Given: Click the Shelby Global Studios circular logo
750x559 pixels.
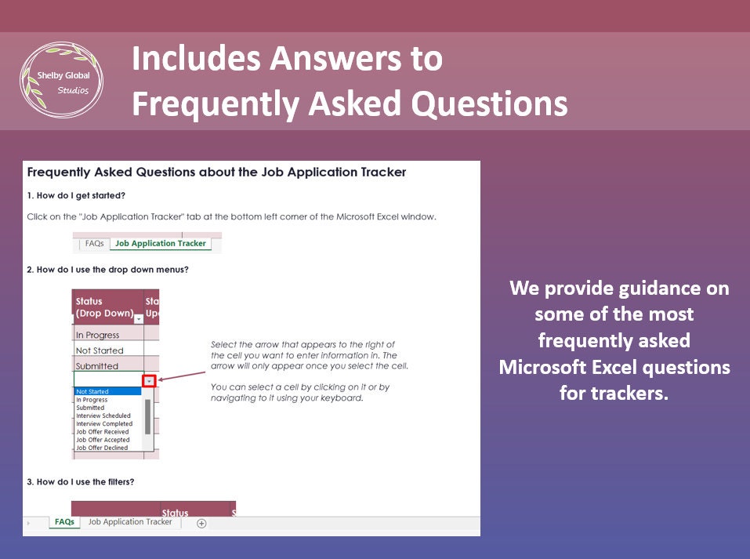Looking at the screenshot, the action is (61, 80).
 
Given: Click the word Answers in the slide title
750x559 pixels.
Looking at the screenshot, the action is (335, 58).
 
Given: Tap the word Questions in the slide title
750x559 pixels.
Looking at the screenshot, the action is (489, 103).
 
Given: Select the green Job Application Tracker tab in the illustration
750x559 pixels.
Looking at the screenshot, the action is (161, 243).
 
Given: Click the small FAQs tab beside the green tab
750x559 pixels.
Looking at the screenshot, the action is (94, 243).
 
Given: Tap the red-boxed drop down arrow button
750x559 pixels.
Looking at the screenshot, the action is (150, 380).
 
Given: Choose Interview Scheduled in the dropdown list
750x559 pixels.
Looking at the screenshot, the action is (103, 416).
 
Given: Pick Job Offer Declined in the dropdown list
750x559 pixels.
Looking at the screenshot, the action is (102, 448).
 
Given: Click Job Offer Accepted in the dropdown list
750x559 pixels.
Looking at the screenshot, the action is (103, 439).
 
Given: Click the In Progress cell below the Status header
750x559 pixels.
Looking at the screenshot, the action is (108, 334).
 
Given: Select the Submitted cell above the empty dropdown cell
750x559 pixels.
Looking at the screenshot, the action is (108, 365).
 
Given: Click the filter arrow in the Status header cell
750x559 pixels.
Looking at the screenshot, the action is (139, 319).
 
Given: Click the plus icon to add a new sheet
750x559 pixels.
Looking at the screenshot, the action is (201, 523).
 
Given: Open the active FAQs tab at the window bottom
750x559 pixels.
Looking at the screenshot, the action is (64, 521).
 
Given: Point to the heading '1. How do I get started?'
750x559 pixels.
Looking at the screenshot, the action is (76, 195).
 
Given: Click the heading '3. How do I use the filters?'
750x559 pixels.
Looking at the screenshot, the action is (81, 481).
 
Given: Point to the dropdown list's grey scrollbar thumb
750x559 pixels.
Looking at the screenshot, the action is (148, 416).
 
